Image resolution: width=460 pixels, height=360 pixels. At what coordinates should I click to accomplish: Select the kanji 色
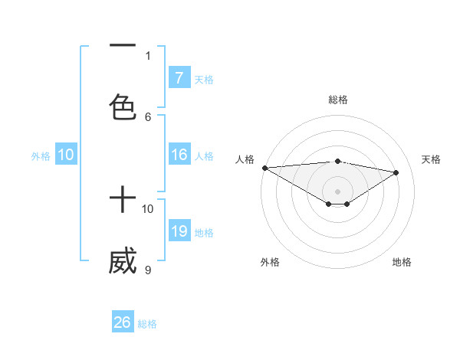(x=123, y=106)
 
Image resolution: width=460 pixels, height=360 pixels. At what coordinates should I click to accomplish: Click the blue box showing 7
(x=179, y=78)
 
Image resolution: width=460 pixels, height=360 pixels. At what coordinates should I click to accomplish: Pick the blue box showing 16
(x=179, y=155)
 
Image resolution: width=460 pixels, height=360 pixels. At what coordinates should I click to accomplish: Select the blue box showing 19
(x=179, y=231)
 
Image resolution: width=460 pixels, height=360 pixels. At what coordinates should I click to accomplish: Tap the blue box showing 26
(x=122, y=322)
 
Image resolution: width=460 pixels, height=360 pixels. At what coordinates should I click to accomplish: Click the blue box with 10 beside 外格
(x=66, y=155)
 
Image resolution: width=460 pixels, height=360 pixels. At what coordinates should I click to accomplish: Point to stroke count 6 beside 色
(x=148, y=116)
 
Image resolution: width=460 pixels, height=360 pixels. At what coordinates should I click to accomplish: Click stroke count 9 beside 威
(x=148, y=270)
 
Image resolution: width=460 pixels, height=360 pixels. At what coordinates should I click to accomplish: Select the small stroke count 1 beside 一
(x=148, y=55)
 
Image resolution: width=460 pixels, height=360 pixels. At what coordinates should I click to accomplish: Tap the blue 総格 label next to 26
(x=147, y=324)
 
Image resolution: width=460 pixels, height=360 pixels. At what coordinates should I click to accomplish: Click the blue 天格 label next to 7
(x=204, y=79)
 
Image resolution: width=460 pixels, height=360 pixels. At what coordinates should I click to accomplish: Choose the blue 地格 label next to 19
(x=204, y=232)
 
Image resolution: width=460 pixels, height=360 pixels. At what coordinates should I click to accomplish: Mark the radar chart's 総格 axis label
(x=338, y=100)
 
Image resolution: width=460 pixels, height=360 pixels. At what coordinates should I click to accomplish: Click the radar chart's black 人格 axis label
(x=245, y=159)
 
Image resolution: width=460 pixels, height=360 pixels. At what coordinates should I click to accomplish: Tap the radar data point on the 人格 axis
(x=264, y=168)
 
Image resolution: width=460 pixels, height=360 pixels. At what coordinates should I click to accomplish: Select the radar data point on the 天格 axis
(x=396, y=172)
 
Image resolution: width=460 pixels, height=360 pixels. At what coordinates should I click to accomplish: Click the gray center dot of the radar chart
(x=337, y=191)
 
